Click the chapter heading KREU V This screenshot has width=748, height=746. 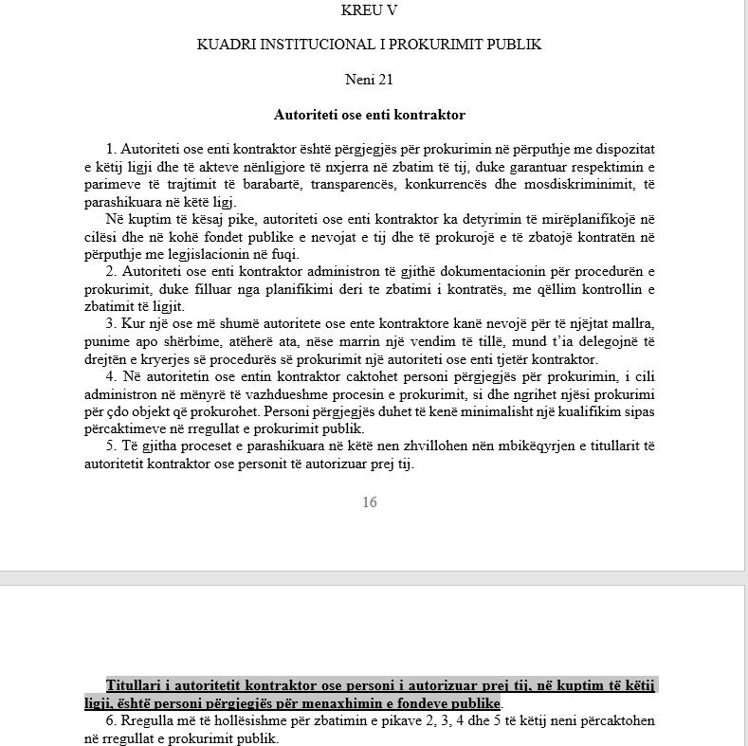click(x=369, y=11)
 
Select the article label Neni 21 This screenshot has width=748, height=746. click(x=369, y=79)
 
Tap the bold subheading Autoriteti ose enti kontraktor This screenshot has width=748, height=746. click(x=369, y=115)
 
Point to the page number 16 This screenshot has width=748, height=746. click(x=369, y=502)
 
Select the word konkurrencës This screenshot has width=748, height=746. click(x=465, y=184)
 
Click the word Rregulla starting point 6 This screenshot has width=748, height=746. click(x=145, y=721)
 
